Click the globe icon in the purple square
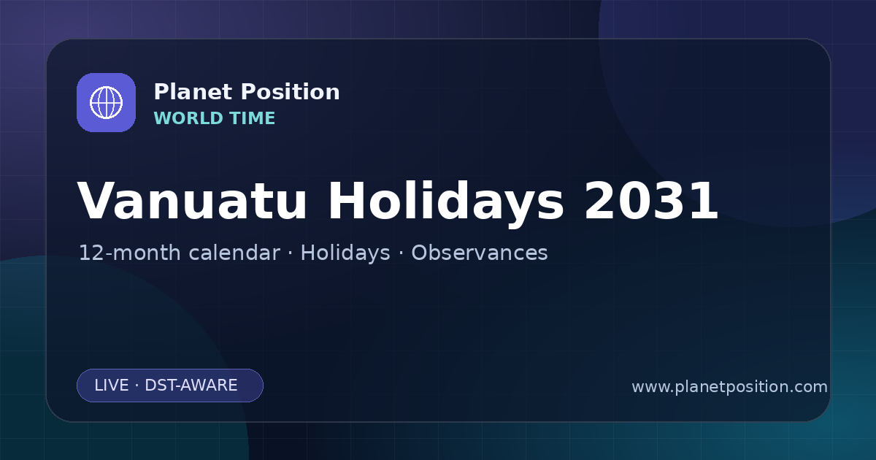point(106,102)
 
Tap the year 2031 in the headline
point(651,201)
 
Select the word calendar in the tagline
point(234,253)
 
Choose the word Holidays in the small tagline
point(345,253)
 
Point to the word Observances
point(480,253)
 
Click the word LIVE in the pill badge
point(112,386)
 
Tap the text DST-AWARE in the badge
point(191,386)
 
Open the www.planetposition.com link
point(729,387)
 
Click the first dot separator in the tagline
point(291,253)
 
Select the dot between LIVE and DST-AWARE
point(137,386)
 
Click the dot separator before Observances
point(401,253)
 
